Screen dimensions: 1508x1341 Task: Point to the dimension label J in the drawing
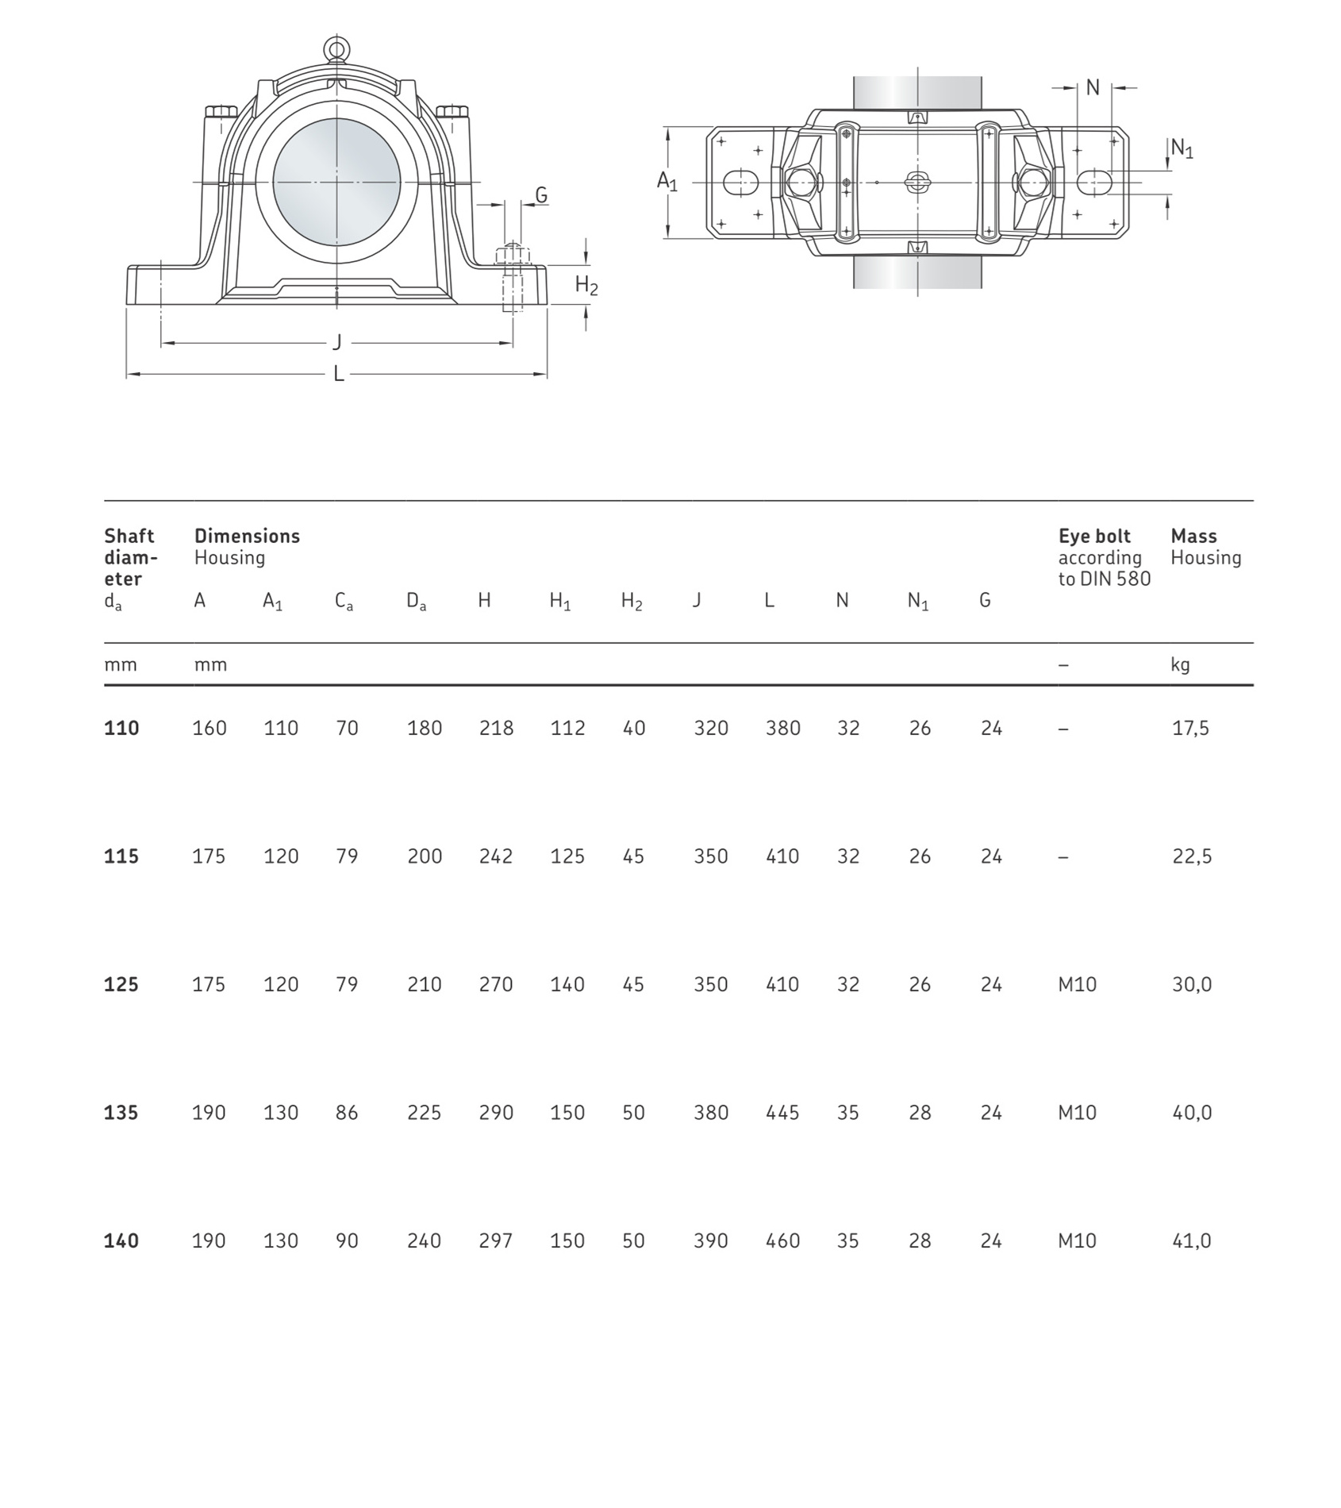coord(337,342)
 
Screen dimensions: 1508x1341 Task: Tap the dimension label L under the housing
coord(339,374)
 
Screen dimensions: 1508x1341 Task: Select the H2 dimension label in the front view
coord(586,286)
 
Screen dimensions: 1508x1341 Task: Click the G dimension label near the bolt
coord(541,195)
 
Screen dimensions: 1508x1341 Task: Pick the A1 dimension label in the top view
coord(667,182)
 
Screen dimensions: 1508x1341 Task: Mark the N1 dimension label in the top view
coord(1182,148)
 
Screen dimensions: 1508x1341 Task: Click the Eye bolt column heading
coord(1094,536)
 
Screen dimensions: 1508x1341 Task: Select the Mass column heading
coord(1193,536)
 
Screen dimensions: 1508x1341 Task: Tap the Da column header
coord(416,602)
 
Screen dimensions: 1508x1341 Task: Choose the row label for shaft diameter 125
coord(121,984)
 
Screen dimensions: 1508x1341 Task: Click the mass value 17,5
coord(1190,728)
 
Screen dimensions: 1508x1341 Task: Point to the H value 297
coord(496,1241)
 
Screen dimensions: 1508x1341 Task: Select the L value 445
coord(782,1113)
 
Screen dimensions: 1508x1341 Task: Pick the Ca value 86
coord(347,1113)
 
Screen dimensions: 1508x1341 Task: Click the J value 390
coord(710,1241)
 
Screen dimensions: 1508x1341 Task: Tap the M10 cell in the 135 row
coord(1077,1113)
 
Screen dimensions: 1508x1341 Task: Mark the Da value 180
coord(425,728)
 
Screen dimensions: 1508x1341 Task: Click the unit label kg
coord(1180,664)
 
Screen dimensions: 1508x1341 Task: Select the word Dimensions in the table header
coord(247,536)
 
